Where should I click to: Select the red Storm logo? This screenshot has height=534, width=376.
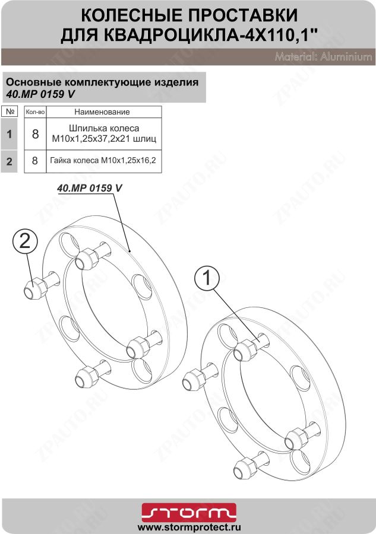(188, 511)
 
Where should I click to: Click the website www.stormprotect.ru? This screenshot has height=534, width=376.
(188, 526)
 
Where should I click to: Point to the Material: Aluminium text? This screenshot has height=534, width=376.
(323, 58)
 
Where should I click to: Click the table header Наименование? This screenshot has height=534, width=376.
(102, 112)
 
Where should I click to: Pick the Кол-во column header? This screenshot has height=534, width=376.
(36, 112)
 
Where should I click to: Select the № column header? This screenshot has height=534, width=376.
(9, 111)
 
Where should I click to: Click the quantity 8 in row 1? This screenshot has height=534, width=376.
(35, 134)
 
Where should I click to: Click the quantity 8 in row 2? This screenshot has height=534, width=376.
(35, 161)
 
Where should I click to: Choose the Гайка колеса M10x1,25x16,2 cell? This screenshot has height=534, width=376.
(103, 161)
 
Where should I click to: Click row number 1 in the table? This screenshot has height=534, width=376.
(9, 134)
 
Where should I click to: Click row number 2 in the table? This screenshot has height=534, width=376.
(9, 161)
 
